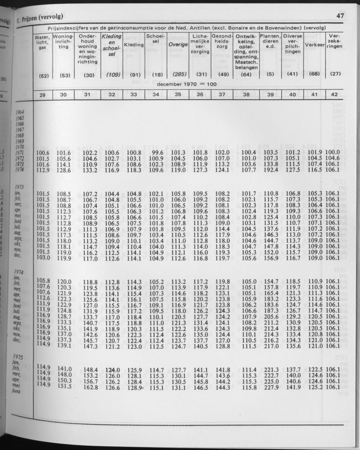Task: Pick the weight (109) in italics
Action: tap(112, 75)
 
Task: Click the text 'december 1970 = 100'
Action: tap(187, 84)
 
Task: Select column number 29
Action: tap(42, 95)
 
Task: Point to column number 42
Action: tap(334, 95)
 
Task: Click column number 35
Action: tap(178, 95)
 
